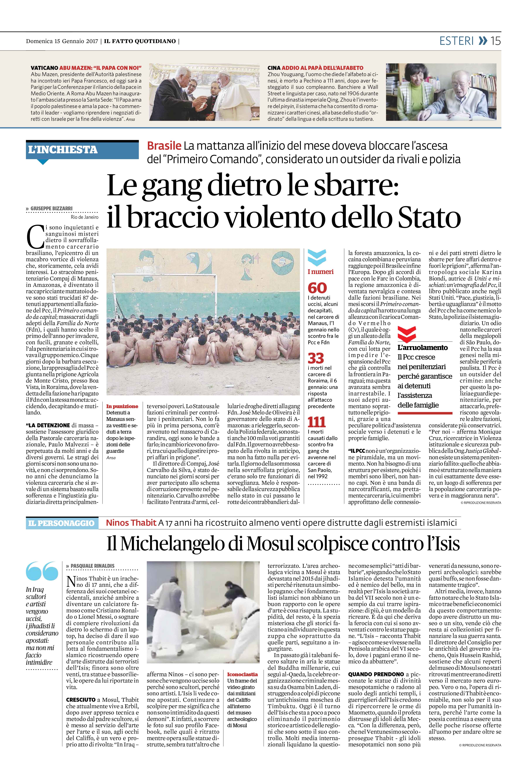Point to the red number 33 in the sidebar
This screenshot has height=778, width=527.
point(316,358)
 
